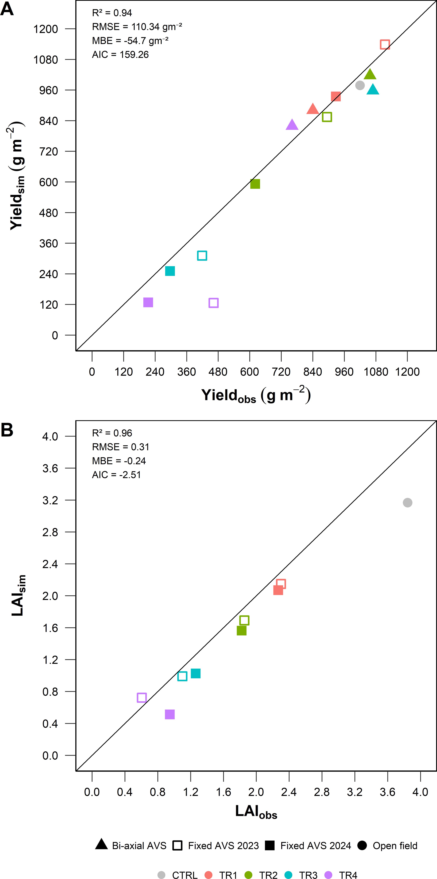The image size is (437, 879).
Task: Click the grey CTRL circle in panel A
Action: (360, 85)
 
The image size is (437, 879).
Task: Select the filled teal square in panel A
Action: (170, 271)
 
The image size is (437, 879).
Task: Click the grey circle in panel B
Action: (407, 503)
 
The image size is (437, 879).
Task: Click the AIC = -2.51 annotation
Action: (116, 475)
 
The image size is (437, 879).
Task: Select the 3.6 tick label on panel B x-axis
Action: (387, 792)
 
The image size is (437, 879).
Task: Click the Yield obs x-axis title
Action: (256, 395)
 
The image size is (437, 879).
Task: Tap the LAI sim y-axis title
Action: (18, 595)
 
